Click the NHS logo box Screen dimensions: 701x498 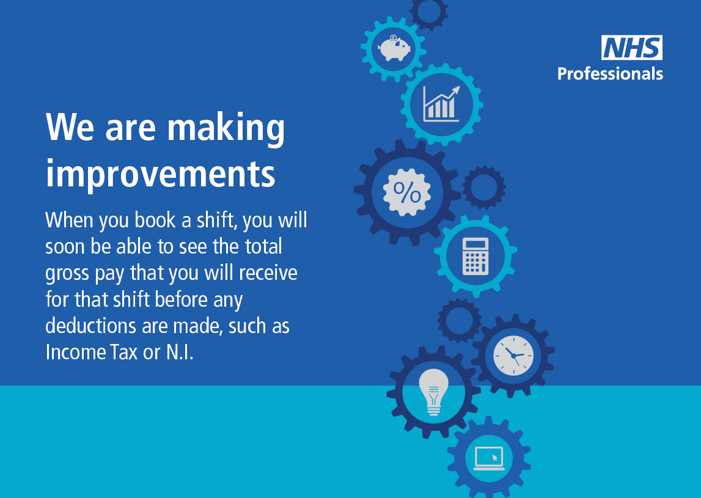pos(632,48)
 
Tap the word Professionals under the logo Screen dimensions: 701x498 pos(610,73)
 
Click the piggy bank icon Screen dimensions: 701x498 pos(394,48)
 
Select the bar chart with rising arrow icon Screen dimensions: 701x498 pos(441,104)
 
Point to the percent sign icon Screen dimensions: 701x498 pos(407,192)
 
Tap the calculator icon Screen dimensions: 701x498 pos(475,255)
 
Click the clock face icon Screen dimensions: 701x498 pos(513,356)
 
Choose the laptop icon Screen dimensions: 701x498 pos(489,458)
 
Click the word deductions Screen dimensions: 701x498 pos(90,326)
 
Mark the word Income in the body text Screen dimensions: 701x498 pos(75,352)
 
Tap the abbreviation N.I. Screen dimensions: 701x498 pos(180,352)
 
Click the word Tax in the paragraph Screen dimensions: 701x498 pos(124,352)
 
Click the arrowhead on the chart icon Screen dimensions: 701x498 pos(456,90)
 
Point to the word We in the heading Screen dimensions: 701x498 pos(70,128)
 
